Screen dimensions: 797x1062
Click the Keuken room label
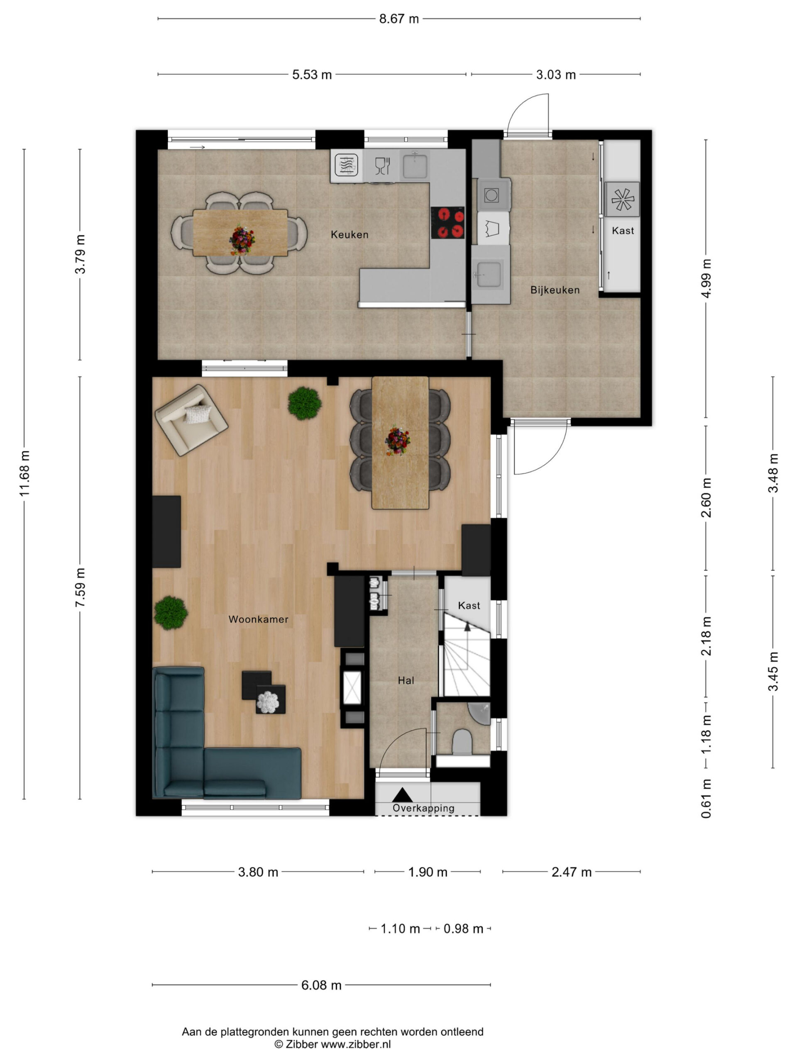(349, 234)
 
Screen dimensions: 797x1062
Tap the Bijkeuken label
(555, 290)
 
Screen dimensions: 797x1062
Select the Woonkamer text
(259, 619)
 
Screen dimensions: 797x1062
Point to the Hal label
(406, 680)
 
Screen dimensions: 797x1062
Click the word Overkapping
(423, 808)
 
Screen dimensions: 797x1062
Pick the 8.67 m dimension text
(399, 19)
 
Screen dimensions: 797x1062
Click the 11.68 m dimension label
(24, 473)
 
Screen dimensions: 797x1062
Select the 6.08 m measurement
(321, 985)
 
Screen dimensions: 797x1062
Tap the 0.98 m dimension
(463, 928)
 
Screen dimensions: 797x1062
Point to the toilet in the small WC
(462, 742)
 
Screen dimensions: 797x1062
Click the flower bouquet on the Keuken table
(242, 239)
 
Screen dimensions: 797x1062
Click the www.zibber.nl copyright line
(332, 1044)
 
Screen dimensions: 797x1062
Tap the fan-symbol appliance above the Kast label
(622, 199)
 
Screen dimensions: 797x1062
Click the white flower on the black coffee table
(268, 702)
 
